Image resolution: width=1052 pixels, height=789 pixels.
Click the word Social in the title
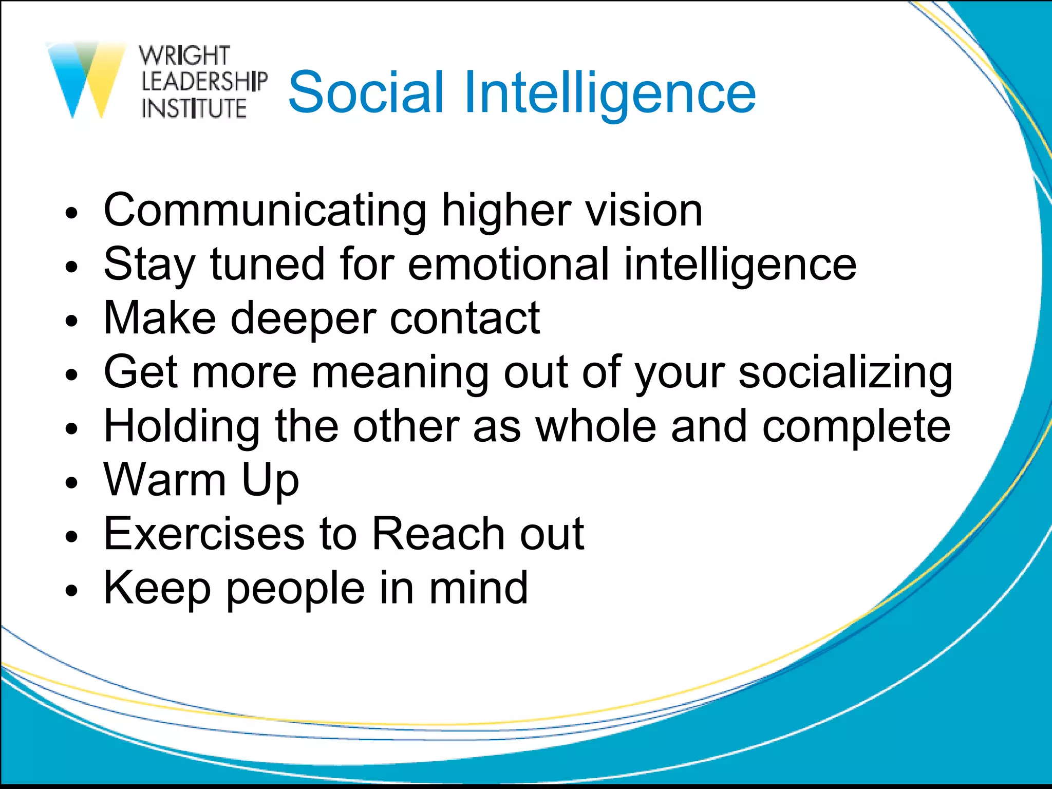(x=366, y=92)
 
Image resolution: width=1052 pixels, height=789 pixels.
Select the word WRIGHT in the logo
(x=184, y=55)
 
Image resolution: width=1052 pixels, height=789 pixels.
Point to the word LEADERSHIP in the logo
(x=204, y=82)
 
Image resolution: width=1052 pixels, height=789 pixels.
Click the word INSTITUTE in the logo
(x=194, y=108)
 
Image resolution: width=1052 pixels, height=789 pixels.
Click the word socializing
(x=845, y=372)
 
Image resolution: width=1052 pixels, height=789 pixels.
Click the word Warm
(x=164, y=480)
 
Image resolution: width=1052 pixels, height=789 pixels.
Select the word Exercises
(x=204, y=534)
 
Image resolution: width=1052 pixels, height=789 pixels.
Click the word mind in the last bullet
(x=478, y=588)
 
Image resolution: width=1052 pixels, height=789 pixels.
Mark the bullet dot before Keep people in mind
(x=71, y=591)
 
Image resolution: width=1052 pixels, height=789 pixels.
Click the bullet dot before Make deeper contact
(x=71, y=322)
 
